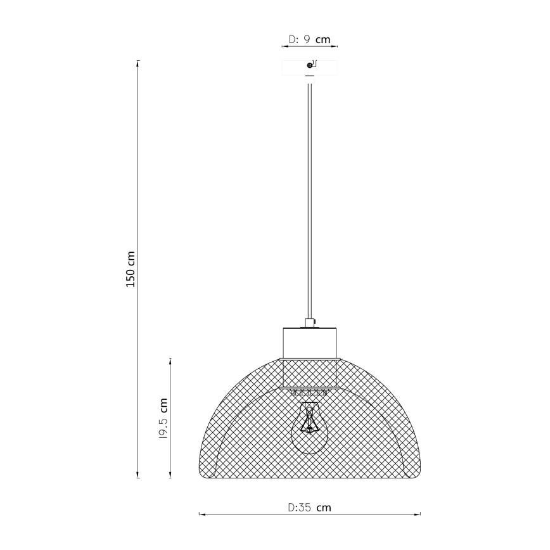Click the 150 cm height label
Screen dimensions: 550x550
(x=131, y=269)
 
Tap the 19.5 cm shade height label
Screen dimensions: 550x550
(x=163, y=419)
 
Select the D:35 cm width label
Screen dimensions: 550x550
(x=309, y=508)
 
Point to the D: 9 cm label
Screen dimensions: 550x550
(x=309, y=39)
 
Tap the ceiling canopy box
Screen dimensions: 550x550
(x=310, y=67)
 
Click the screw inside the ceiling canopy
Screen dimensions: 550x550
(x=309, y=65)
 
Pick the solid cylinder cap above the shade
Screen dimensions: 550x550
(x=310, y=342)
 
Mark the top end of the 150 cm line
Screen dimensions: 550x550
(x=138, y=61)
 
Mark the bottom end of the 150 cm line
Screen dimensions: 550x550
(x=138, y=478)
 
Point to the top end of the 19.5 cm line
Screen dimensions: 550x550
(x=170, y=359)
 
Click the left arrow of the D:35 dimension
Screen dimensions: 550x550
(x=200, y=515)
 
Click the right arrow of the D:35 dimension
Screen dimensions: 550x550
(x=420, y=515)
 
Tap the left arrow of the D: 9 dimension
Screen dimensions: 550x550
(x=282, y=46)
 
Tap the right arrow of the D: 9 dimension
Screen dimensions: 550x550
(x=338, y=46)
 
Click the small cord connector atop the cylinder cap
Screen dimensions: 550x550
(x=309, y=323)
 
